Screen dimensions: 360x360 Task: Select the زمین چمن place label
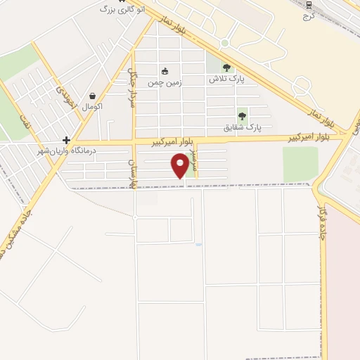coord(164,82)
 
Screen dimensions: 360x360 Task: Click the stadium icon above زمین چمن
coord(165,71)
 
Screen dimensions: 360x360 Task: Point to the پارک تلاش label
coord(226,79)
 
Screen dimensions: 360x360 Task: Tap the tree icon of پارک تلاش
coord(226,67)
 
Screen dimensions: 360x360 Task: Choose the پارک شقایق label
coord(243,127)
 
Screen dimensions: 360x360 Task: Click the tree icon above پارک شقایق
coord(243,116)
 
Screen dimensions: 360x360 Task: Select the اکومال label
coord(92,107)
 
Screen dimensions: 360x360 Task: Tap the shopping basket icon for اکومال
coord(92,96)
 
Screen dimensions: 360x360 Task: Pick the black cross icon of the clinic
coord(66,140)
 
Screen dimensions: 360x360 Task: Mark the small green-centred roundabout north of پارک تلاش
coord(224,43)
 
